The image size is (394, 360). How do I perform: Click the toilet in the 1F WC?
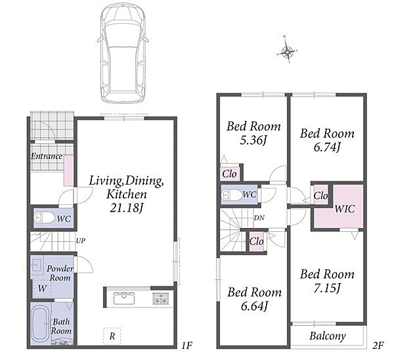coord(44,217)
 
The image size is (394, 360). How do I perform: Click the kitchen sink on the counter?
coord(123,298)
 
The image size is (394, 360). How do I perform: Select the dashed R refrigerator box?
coord(112,336)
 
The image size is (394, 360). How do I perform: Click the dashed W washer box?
coord(42,288)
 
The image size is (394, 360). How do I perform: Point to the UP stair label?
coord(81,240)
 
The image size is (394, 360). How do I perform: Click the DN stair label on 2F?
coord(259,218)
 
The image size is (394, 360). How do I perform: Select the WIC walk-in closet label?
coord(345,209)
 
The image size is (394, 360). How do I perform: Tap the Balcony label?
coord(328,336)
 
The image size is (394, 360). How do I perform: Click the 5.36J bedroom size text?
coord(253,141)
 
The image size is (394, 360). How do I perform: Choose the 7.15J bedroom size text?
coord(327,288)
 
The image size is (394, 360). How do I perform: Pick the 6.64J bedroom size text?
coord(254,306)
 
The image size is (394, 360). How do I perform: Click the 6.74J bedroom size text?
coord(327,147)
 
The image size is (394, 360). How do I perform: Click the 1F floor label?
coord(186,346)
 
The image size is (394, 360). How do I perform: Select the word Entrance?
coord(47,156)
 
